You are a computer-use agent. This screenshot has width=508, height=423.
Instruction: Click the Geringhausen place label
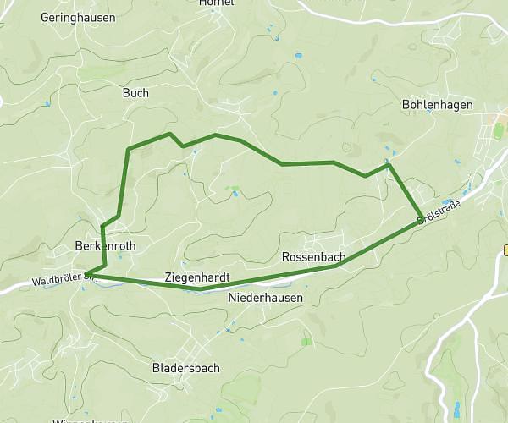coord(79,17)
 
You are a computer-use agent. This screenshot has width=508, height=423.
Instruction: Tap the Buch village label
coord(135,93)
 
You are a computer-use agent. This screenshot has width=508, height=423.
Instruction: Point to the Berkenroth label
coord(105,245)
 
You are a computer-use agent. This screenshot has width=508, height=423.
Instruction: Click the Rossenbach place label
coord(312,256)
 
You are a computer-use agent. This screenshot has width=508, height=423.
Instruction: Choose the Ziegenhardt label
coord(197,277)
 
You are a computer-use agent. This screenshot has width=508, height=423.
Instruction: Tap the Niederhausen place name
coord(266,298)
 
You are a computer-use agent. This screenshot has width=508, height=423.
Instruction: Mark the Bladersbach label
coord(185,368)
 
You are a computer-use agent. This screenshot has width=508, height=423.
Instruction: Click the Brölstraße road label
coord(443,211)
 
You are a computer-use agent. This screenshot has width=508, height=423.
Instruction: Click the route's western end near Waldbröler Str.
coord(87,273)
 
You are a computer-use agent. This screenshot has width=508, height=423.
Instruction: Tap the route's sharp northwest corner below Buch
coord(128,150)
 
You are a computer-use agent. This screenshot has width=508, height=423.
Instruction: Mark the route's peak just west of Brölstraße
coord(388,164)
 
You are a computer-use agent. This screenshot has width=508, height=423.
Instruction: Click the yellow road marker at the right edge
coord(505,250)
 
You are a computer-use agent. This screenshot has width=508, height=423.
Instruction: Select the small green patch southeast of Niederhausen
coord(306,342)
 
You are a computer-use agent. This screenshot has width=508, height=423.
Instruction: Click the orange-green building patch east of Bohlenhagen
coord(499,131)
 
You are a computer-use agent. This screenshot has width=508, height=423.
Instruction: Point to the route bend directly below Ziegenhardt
coord(201,288)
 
